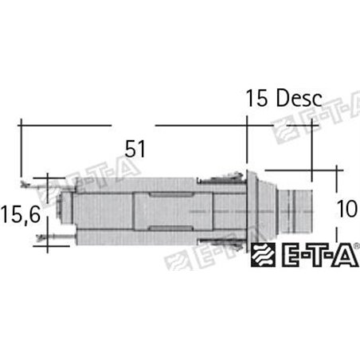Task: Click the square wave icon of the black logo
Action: point(264,256)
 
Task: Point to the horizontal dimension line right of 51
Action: point(199,125)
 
